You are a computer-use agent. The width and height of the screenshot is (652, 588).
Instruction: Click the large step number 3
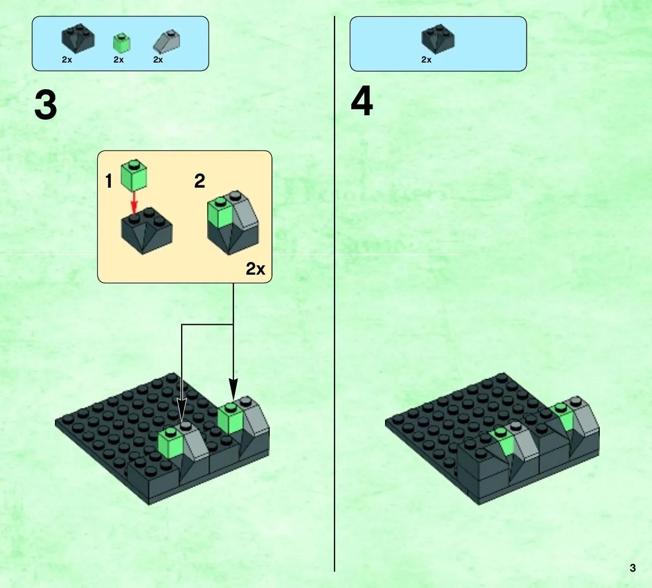46,105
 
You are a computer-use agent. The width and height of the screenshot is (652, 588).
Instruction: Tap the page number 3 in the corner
632,568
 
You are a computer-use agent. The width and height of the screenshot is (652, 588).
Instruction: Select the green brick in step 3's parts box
122,44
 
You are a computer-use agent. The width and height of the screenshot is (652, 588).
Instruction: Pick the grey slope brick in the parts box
166,41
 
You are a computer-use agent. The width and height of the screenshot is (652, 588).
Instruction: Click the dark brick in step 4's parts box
438,39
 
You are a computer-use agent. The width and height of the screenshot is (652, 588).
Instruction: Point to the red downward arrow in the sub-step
134,202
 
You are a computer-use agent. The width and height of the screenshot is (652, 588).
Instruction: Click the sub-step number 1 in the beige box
109,181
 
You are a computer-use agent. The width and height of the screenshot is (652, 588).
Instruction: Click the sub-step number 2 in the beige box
200,181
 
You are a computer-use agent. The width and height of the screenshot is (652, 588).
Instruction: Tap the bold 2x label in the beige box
256,269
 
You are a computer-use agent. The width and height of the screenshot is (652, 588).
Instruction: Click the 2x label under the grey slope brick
158,60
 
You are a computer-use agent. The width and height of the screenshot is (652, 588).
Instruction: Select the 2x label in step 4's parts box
426,60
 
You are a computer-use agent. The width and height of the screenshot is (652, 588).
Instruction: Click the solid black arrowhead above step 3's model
233,390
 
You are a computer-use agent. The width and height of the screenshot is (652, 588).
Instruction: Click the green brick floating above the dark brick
133,175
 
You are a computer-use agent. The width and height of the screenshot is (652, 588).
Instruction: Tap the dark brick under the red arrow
147,231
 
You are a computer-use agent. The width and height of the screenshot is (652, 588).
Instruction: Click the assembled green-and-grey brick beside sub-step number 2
233,222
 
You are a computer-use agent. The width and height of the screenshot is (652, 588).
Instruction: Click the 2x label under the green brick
119,60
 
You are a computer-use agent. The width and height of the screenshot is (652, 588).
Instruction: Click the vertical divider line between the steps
334,294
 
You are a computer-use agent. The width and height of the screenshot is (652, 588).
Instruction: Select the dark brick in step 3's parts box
78,39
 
